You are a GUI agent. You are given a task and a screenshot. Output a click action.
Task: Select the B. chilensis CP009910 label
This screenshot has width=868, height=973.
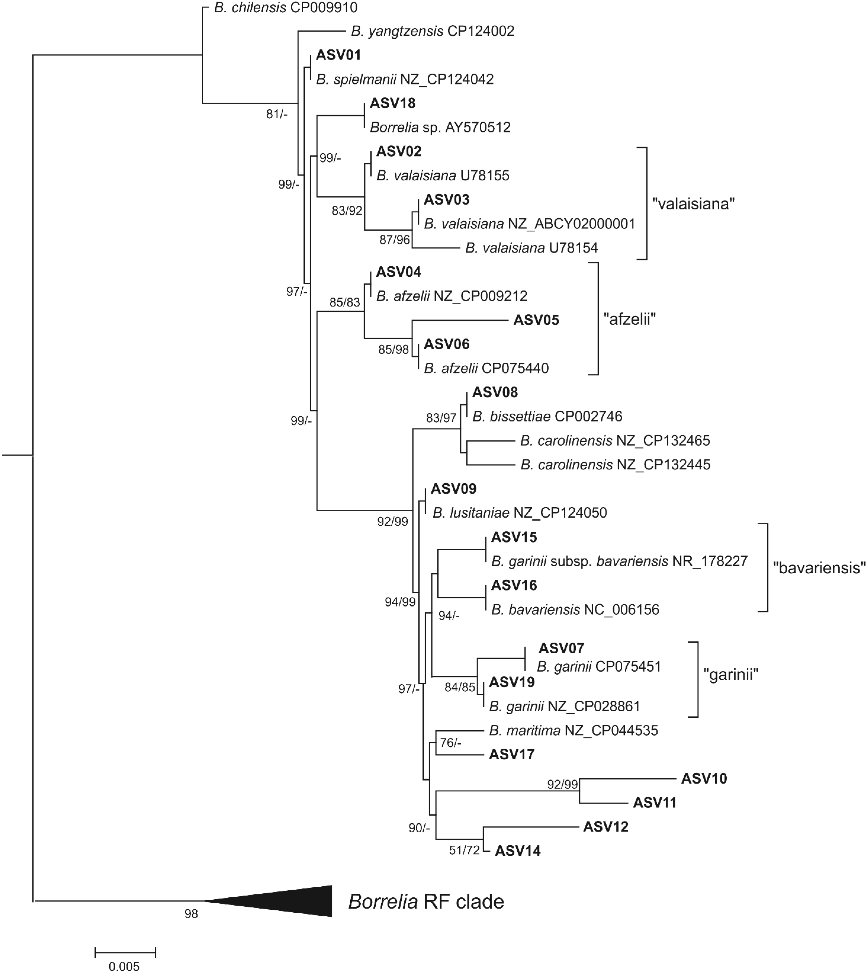click(x=285, y=8)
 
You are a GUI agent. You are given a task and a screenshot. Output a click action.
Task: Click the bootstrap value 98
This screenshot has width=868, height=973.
click(x=191, y=914)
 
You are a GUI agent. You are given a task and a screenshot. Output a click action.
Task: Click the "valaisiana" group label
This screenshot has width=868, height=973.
click(x=693, y=204)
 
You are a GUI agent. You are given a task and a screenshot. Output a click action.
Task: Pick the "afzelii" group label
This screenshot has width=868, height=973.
click(x=630, y=319)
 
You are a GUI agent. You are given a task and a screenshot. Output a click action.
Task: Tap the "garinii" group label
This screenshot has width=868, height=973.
click(x=731, y=674)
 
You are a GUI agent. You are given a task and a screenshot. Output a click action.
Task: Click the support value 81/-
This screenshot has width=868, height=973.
click(x=277, y=114)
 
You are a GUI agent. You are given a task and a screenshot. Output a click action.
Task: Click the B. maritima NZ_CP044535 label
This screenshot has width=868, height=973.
click(x=573, y=731)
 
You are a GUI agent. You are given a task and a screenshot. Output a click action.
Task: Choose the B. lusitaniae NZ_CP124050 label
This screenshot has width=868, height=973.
click(x=519, y=513)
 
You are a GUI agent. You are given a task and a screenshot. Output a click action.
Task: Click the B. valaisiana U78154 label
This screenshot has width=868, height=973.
click(x=531, y=248)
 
